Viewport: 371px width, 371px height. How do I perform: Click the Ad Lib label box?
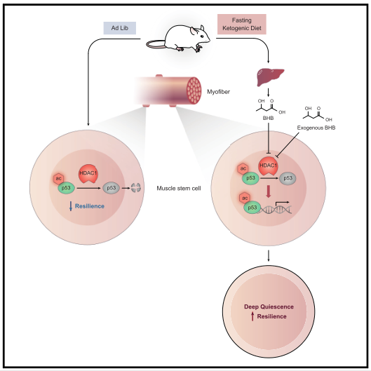coord(120,28)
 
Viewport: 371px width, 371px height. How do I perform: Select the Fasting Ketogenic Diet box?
coord(242,24)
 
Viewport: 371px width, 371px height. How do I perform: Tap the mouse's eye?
coord(202,36)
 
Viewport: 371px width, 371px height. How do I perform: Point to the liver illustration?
coord(270,77)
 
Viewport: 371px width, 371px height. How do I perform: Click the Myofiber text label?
coord(218,92)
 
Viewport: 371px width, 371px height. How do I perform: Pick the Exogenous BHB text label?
coord(316,128)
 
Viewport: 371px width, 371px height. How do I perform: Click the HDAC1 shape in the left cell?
coord(88,174)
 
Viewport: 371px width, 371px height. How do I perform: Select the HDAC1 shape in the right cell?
coord(268,166)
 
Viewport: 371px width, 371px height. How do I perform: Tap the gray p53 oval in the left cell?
coord(112,188)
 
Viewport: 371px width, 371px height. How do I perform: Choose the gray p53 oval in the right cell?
coord(288,178)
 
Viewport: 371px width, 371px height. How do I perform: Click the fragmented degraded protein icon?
coord(136,188)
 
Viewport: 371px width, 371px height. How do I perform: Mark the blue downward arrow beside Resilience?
coord(71,206)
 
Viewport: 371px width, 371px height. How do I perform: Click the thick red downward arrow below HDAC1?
coord(269,191)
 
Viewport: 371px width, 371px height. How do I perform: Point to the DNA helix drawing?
coord(274,209)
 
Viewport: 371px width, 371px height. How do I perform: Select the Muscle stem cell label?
coord(179,189)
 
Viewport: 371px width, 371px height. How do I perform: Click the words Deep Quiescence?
coord(269,306)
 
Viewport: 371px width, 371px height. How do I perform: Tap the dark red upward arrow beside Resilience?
coord(252,316)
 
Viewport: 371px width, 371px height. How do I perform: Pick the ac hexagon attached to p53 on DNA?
coord(245,198)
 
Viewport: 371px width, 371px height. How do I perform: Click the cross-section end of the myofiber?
coord(194,90)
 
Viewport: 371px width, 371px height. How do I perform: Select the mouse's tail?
coord(155,44)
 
